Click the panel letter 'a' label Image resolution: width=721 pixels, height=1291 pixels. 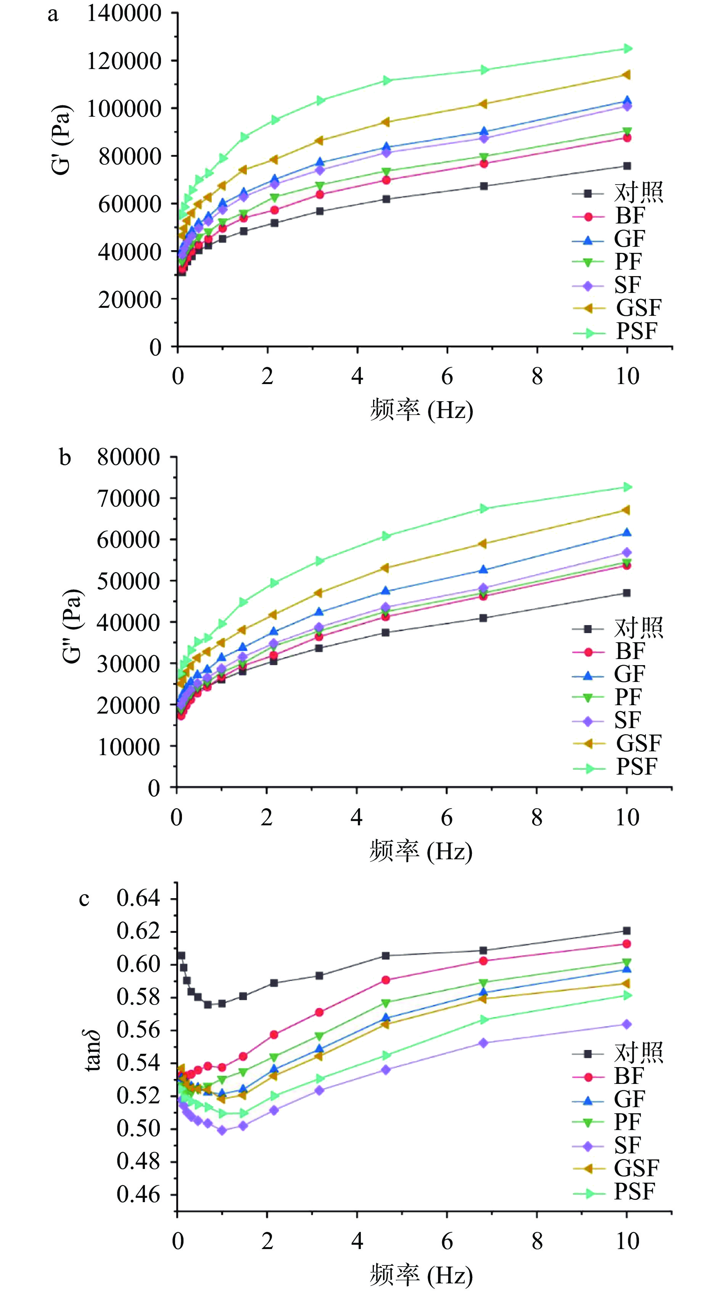pyautogui.click(x=53, y=15)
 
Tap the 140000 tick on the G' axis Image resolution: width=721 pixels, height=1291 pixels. pyautogui.click(x=124, y=13)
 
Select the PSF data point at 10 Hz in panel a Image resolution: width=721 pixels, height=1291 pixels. pyautogui.click(x=627, y=48)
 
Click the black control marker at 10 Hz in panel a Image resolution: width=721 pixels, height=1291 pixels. pyautogui.click(x=627, y=166)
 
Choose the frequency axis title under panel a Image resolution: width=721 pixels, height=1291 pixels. pyautogui.click(x=421, y=410)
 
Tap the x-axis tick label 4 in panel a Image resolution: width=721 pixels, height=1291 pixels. pyautogui.click(x=357, y=376)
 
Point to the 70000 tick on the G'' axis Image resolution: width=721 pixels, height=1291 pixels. pyautogui.click(x=128, y=498)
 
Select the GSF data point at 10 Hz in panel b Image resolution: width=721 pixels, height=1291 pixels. pyautogui.click(x=627, y=510)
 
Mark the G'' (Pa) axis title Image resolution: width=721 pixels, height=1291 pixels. pyautogui.click(x=73, y=625)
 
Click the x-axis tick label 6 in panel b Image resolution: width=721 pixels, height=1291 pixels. pyautogui.click(x=447, y=817)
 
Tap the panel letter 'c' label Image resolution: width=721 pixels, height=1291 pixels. pyautogui.click(x=84, y=899)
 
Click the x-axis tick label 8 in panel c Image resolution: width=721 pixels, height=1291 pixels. pyautogui.click(x=537, y=1241)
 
